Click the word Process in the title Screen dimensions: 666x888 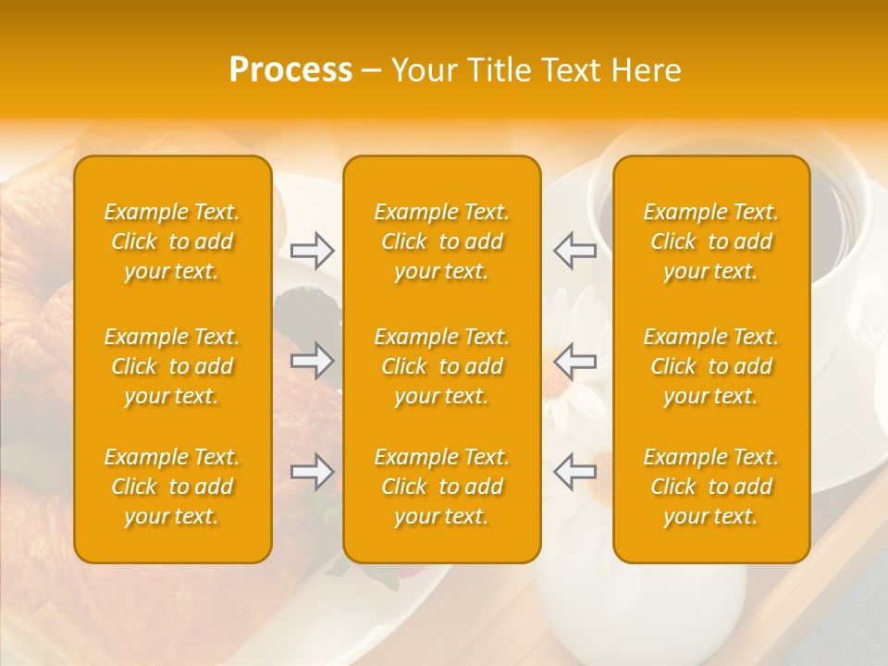click(x=290, y=70)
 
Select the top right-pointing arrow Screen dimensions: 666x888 click(x=313, y=251)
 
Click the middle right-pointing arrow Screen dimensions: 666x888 click(x=313, y=361)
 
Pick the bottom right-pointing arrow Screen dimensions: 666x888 click(x=313, y=472)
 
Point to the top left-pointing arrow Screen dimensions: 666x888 click(x=575, y=251)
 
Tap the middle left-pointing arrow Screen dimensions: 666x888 click(x=575, y=361)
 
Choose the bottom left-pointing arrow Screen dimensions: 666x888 click(x=575, y=472)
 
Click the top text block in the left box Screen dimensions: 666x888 click(x=172, y=241)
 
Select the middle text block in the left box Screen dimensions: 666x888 click(x=172, y=366)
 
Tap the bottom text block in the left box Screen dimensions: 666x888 click(x=172, y=487)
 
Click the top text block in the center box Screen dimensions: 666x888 click(x=442, y=241)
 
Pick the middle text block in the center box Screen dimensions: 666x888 click(x=442, y=366)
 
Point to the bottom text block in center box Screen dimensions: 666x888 click(x=442, y=487)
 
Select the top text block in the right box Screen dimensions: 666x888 click(x=711, y=241)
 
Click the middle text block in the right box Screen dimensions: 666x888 click(x=711, y=366)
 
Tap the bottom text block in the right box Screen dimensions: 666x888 click(x=711, y=487)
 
